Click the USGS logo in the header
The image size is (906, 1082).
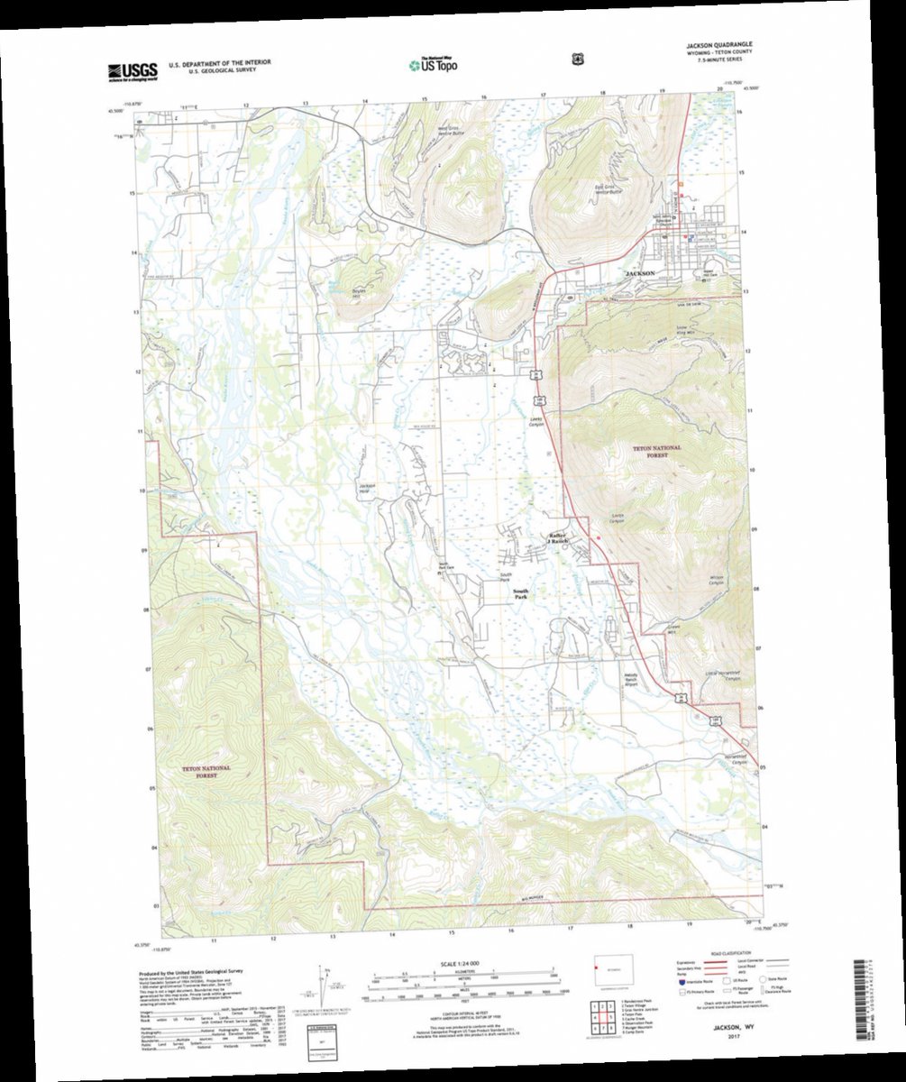pyautogui.click(x=133, y=69)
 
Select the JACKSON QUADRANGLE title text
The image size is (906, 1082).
pyautogui.click(x=719, y=44)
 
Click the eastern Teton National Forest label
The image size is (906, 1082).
pyautogui.click(x=657, y=451)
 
